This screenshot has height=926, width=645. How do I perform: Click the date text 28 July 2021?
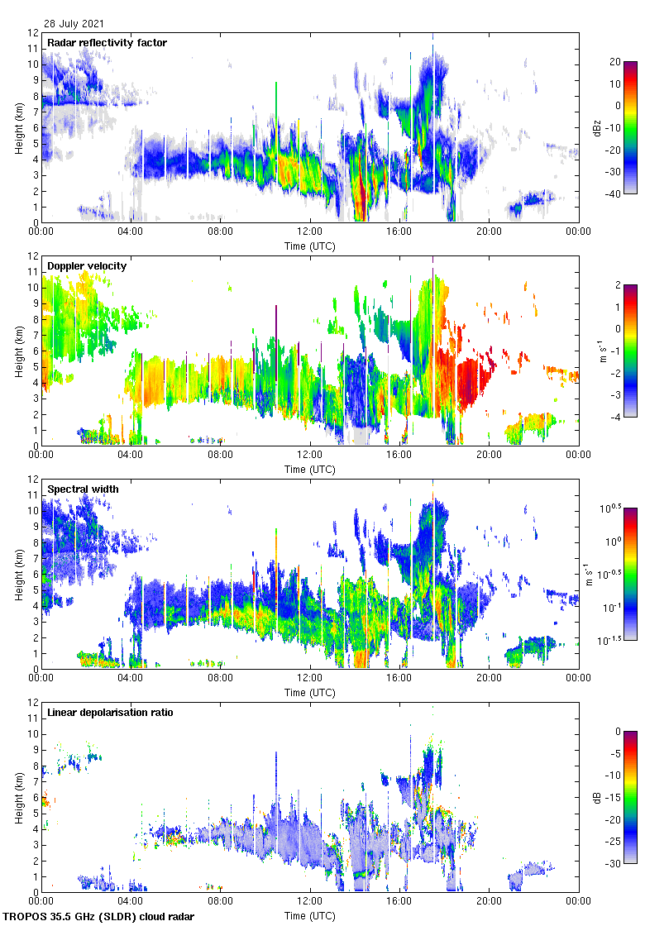[x=74, y=24]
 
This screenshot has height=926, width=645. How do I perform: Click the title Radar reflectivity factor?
[x=107, y=42]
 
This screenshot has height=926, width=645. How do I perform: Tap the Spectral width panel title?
[x=83, y=489]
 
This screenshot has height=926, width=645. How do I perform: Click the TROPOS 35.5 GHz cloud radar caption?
[x=99, y=917]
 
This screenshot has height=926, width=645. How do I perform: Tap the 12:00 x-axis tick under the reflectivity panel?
[x=310, y=231]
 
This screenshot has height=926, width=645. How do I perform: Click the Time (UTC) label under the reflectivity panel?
[x=309, y=246]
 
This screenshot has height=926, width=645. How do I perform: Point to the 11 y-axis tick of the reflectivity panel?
[x=32, y=49]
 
